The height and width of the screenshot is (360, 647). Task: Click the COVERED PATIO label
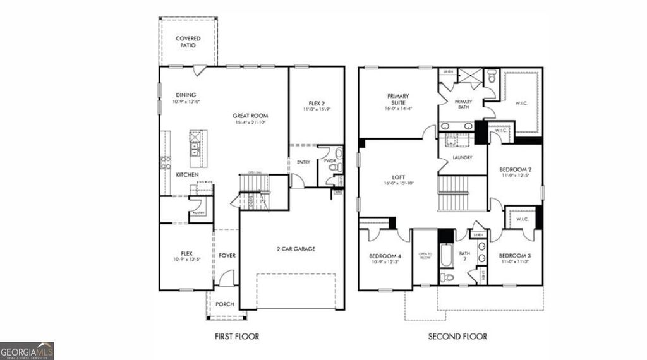[x=188, y=42]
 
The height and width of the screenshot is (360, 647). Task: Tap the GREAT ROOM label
[x=250, y=116]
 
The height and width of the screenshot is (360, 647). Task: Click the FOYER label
[x=227, y=256]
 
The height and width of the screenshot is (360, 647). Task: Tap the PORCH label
[x=225, y=304]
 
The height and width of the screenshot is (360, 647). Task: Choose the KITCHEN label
[x=188, y=174]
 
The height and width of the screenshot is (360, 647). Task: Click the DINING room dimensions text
[x=186, y=101]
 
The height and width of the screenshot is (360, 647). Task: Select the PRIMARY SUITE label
[x=397, y=99]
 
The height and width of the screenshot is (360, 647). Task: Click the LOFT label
[x=398, y=177]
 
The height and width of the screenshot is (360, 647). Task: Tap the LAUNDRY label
[x=463, y=157]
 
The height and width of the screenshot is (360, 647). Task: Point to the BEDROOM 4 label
[x=385, y=256]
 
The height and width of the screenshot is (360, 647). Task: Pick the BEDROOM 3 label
[x=515, y=256]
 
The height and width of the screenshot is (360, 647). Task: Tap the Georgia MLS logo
[x=27, y=351]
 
